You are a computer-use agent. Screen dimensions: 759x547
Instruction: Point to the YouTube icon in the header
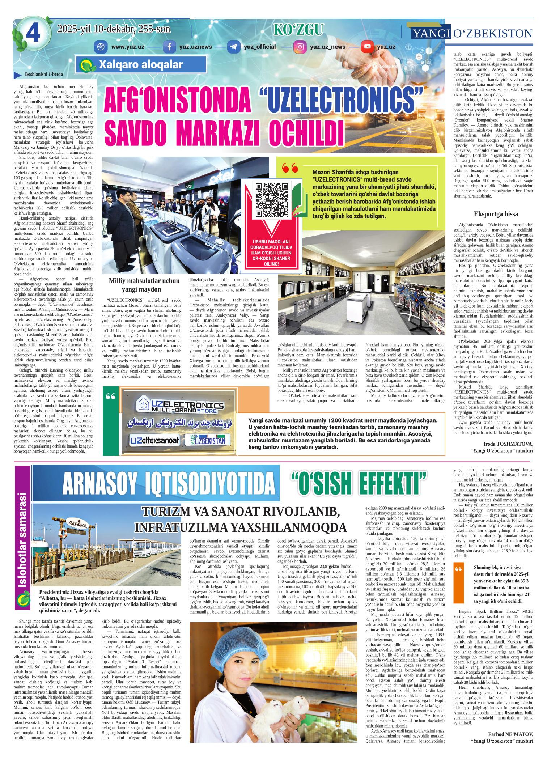(x=367, y=47)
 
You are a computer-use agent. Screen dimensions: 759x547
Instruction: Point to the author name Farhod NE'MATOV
(x=510, y=734)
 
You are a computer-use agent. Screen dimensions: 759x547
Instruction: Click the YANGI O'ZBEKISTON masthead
(x=472, y=34)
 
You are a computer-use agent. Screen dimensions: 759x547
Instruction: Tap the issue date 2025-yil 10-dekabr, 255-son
(x=114, y=29)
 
